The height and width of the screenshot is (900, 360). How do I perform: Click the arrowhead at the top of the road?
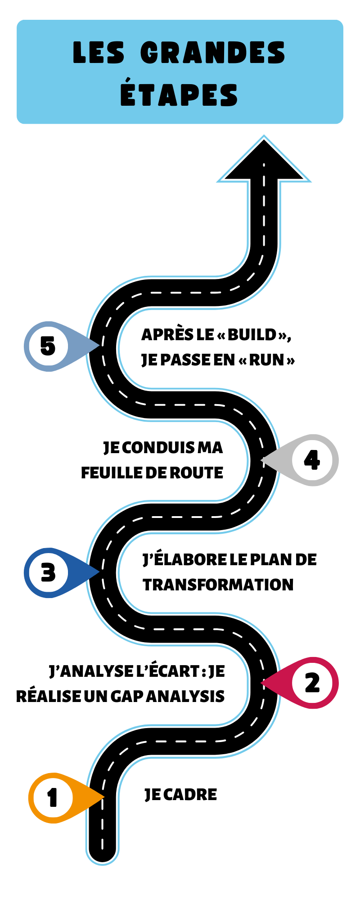(264, 160)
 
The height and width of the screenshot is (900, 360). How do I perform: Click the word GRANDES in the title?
(213, 53)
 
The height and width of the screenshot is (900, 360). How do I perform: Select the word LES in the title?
(99, 53)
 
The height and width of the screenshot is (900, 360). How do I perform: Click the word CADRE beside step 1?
(190, 795)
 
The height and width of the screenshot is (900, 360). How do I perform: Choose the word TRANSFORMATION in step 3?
(218, 585)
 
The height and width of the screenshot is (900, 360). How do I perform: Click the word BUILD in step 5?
(252, 335)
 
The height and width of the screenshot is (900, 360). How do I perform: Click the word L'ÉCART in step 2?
(167, 671)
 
